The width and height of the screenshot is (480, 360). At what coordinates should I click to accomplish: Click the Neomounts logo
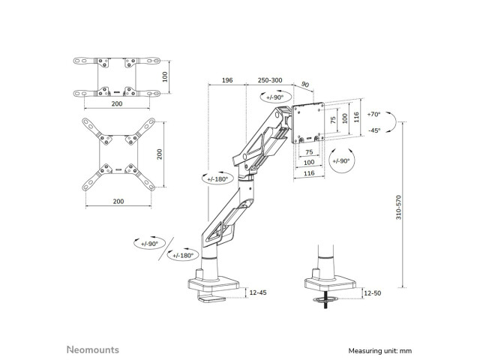pos(93,349)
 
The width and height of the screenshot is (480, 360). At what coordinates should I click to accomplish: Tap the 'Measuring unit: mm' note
pos(380,351)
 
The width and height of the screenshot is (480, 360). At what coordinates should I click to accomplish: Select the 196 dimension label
pos(227,80)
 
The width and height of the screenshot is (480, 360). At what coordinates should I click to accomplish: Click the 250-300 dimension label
pos(270,80)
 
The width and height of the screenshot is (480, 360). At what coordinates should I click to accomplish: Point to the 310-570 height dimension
pos(398,207)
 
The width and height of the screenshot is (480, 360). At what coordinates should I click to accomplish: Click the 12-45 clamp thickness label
pos(258,292)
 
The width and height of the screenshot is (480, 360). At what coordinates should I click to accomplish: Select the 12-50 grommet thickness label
pos(373,293)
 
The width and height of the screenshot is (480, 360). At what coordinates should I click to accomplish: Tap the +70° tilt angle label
pos(373,114)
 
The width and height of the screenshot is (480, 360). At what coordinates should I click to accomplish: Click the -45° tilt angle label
pos(373,130)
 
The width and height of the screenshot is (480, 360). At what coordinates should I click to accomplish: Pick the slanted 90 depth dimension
pos(305,84)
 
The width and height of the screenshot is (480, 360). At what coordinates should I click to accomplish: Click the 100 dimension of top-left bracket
pos(165,76)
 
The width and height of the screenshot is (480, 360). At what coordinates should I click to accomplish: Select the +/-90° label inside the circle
pos(341,161)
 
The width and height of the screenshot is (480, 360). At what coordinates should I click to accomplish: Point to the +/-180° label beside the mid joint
pos(217,179)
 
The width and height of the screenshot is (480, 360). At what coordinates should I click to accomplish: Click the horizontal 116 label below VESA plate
pos(309,173)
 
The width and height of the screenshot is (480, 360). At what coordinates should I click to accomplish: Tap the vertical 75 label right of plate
pos(333,120)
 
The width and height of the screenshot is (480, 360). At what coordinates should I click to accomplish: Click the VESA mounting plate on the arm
pos(308,123)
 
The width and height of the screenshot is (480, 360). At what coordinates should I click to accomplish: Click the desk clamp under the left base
pos(211,298)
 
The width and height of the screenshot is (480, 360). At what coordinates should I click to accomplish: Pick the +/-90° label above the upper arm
pos(275,97)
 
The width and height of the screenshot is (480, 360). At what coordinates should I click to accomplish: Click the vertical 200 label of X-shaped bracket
pos(160,154)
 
